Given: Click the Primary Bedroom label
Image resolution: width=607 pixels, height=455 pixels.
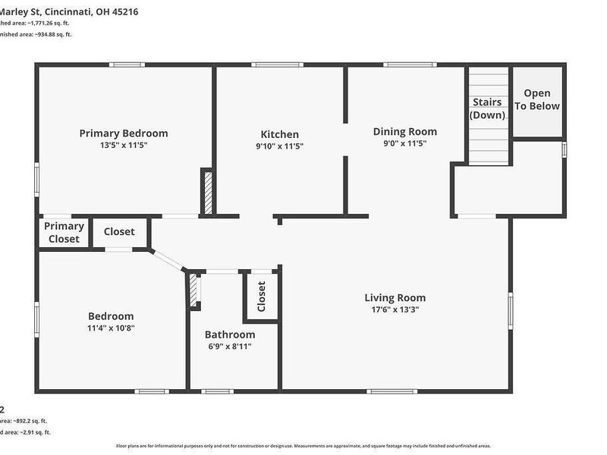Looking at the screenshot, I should (x=124, y=133).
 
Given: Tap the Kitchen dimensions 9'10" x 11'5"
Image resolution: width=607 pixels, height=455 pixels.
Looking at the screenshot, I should (x=279, y=146).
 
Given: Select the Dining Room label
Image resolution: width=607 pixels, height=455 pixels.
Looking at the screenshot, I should (x=405, y=131).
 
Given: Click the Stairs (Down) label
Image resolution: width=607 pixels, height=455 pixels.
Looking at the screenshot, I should (x=487, y=108).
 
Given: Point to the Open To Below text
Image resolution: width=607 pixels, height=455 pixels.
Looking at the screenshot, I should (x=537, y=100).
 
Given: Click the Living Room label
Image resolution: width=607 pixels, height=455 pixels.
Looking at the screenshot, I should (x=395, y=298).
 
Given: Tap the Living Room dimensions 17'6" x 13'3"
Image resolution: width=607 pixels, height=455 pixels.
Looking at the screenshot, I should (x=395, y=309).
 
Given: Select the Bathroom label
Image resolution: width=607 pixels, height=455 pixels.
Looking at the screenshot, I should (x=230, y=334).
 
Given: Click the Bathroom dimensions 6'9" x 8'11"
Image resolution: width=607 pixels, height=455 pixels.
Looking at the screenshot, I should (x=230, y=346).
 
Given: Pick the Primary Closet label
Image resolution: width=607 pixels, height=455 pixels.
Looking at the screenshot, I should (x=64, y=233).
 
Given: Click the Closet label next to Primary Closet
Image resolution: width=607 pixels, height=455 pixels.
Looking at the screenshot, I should (x=119, y=232).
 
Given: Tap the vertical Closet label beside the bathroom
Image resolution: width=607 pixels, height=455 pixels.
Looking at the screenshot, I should (x=262, y=297).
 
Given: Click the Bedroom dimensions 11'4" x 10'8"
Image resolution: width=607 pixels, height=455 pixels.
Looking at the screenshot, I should (x=111, y=328).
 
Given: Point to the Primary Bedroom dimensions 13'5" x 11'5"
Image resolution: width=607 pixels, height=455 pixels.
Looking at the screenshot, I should (x=124, y=145).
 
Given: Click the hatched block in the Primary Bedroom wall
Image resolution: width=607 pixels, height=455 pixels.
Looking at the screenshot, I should (x=206, y=193).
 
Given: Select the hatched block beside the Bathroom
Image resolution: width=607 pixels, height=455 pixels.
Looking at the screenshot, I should (x=193, y=290).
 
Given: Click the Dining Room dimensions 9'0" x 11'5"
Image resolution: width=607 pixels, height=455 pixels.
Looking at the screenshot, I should (x=405, y=143).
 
